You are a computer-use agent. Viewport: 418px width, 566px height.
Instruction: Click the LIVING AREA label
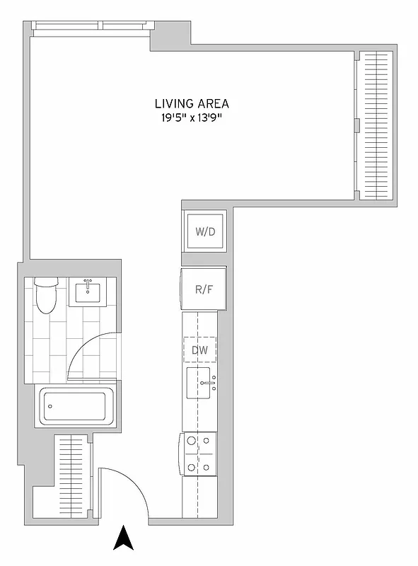(192, 103)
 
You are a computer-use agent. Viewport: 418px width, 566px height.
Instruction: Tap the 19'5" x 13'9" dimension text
(192, 118)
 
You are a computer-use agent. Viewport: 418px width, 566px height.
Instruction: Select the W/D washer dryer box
(204, 231)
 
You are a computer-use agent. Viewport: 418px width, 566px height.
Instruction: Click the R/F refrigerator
(204, 289)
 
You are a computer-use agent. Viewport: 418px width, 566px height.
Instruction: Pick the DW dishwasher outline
(200, 350)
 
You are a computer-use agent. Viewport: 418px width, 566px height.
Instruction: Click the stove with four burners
(199, 454)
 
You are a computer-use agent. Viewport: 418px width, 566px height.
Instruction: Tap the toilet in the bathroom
(46, 296)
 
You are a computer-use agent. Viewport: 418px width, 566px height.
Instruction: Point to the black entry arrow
(124, 538)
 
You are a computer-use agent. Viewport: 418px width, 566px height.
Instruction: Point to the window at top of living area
(91, 26)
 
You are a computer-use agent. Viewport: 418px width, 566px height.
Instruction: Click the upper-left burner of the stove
(191, 441)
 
